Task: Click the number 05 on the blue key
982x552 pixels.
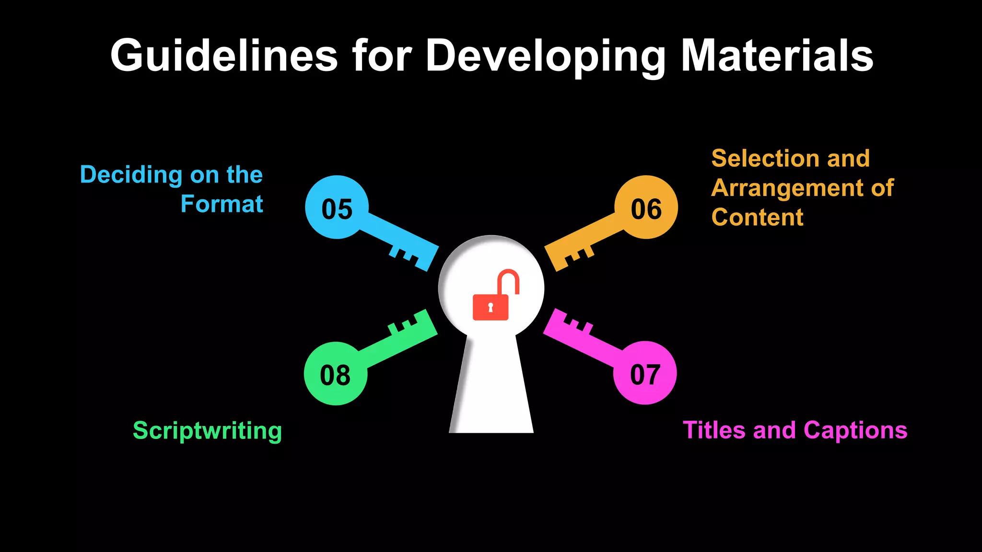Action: [x=337, y=209]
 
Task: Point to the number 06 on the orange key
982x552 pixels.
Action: [x=646, y=209]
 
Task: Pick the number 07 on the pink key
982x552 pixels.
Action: [x=645, y=374]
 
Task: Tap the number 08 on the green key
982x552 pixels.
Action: [x=335, y=375]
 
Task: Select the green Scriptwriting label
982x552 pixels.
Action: [x=207, y=430]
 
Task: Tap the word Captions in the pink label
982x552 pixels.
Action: [x=855, y=430]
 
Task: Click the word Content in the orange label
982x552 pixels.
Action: [x=757, y=217]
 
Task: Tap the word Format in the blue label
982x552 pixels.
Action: [x=222, y=204]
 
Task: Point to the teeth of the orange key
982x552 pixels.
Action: [x=575, y=256]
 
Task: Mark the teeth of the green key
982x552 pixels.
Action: [x=408, y=325]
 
